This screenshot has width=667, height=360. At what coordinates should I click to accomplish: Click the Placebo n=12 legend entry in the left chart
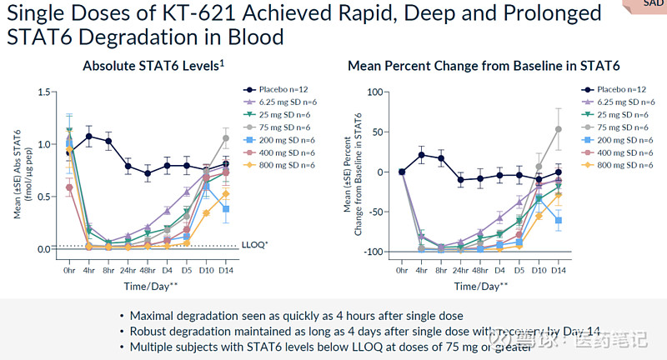click(283, 89)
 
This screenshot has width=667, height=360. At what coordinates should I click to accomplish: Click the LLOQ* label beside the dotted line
click(253, 246)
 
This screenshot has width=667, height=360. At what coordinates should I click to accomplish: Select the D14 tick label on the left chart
click(225, 270)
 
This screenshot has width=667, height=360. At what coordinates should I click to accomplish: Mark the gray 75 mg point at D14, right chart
click(558, 129)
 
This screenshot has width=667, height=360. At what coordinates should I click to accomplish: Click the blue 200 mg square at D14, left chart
click(225, 209)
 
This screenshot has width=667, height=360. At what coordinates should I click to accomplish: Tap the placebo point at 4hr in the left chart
click(88, 136)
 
